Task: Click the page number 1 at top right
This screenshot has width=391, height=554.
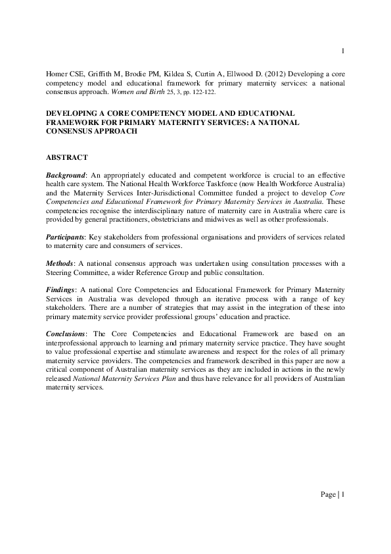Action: (x=343, y=51)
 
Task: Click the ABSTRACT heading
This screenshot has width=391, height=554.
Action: (x=67, y=159)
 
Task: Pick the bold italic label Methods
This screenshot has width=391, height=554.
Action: (x=60, y=263)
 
